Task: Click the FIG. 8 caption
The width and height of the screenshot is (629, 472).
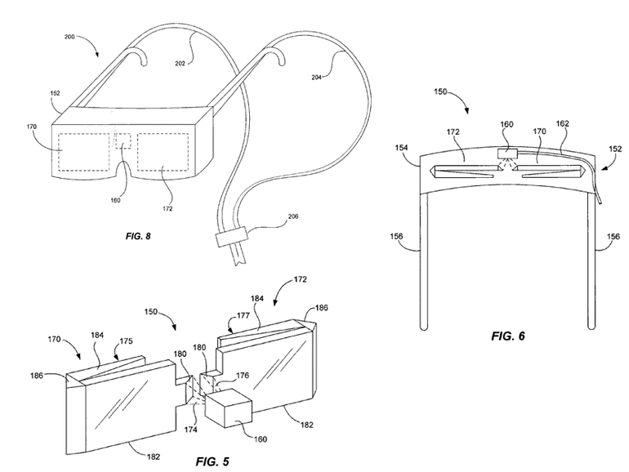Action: (x=138, y=236)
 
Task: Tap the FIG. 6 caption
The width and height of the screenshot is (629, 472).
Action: (x=508, y=336)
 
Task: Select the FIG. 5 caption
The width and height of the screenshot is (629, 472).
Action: (x=212, y=461)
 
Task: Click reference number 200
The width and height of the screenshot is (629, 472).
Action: (x=69, y=37)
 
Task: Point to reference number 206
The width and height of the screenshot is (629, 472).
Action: (x=293, y=216)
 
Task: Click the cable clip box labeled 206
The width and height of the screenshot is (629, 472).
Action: (x=231, y=236)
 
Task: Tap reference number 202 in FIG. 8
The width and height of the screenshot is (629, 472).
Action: (x=180, y=63)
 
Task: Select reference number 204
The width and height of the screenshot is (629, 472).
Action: (x=316, y=78)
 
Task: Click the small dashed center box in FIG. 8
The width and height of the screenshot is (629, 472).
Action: (x=123, y=141)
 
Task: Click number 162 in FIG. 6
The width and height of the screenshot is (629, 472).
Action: (x=562, y=123)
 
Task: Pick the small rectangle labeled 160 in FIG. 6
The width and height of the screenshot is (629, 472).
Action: (x=507, y=154)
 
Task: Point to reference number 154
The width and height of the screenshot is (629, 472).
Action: (x=402, y=148)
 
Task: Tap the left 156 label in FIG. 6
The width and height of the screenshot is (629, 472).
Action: (x=397, y=236)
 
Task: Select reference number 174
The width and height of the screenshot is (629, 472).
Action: (x=191, y=430)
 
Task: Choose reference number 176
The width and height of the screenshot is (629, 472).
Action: (x=243, y=376)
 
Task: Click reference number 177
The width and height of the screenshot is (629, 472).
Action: (x=243, y=315)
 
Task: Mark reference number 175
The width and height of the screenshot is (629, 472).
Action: (x=126, y=341)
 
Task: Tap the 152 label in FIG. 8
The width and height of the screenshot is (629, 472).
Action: (x=55, y=93)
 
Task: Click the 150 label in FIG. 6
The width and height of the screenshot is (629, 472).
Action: (x=440, y=91)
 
